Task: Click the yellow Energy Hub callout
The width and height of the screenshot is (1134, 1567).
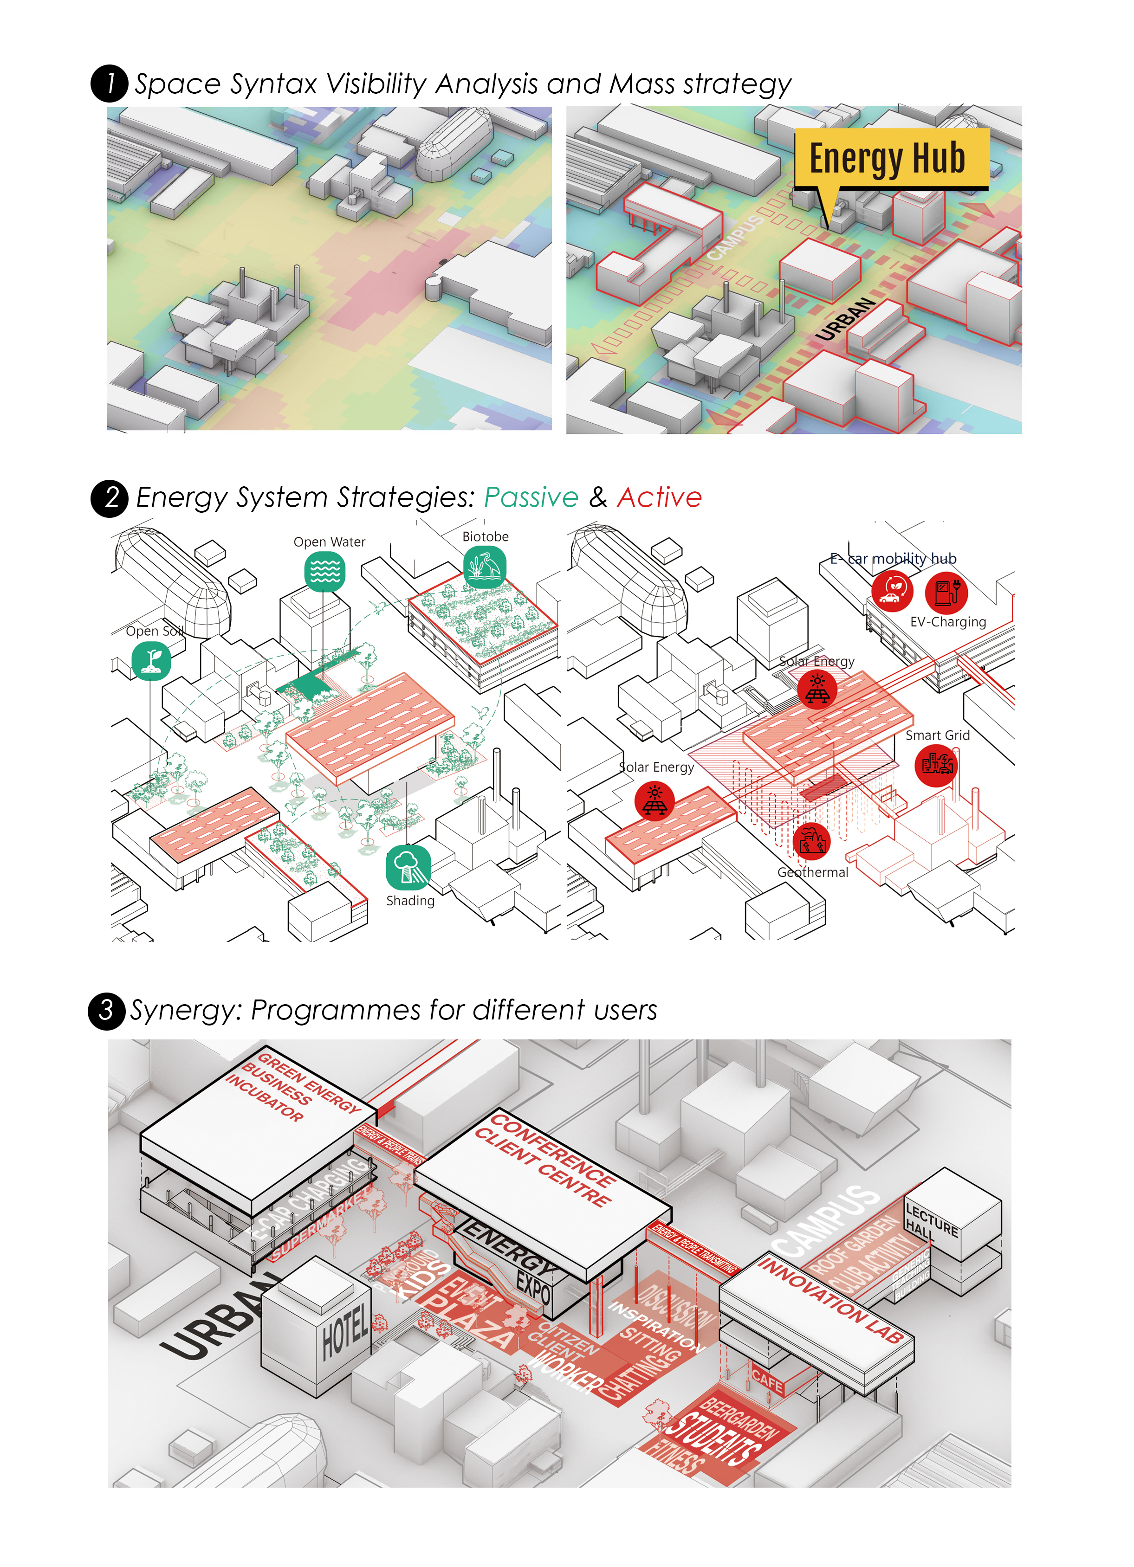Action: tap(890, 159)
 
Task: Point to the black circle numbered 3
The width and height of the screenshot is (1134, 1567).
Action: tap(106, 1011)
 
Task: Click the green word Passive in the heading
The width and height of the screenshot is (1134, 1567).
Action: tap(530, 497)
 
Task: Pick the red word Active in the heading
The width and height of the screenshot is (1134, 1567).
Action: tap(659, 497)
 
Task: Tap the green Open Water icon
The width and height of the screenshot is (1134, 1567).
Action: tap(325, 571)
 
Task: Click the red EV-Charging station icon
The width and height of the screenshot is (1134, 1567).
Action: tap(946, 592)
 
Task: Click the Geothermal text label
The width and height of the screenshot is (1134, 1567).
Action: tap(813, 873)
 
